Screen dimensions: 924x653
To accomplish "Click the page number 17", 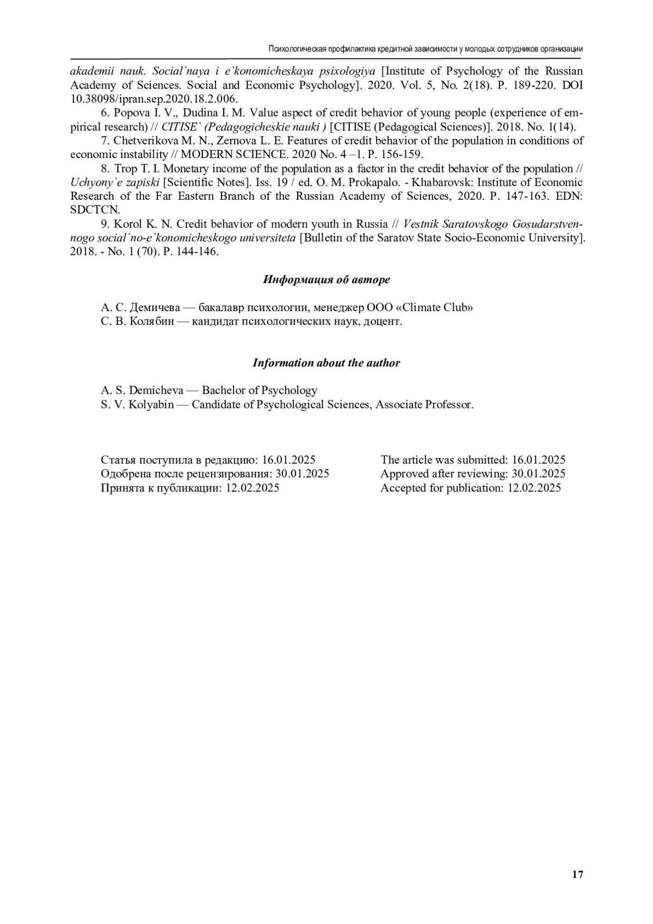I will point(577,875).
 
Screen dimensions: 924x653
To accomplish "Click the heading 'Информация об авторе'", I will point(326,280).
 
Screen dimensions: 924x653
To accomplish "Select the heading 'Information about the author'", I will point(326,363).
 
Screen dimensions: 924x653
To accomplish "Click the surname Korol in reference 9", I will point(127,224).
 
